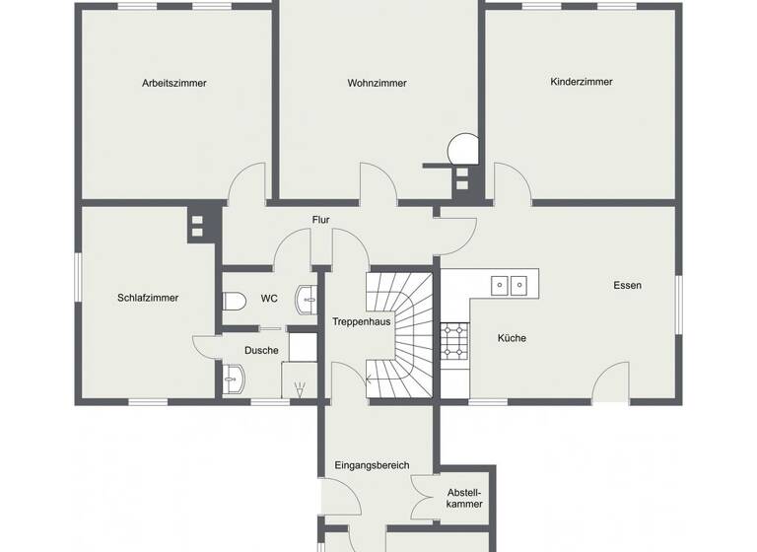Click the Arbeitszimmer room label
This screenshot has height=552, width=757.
174,84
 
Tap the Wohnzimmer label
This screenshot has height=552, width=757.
377,84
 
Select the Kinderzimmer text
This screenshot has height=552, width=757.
582,82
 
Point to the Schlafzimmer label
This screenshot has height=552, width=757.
148,298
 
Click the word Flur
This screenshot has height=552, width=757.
320,220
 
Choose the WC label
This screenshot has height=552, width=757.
269,298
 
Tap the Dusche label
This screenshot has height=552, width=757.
261,350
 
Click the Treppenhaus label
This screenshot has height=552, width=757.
362,322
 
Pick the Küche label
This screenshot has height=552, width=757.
512,338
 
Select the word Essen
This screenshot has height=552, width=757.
627,286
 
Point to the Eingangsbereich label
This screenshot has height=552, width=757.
372,465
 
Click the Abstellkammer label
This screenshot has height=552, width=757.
464,498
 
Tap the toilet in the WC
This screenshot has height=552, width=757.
234,301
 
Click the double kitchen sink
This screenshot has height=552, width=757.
511,285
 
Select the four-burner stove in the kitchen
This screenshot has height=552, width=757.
454,340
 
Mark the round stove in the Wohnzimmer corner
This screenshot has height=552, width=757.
462,149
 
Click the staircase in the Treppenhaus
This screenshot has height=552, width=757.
399,335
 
